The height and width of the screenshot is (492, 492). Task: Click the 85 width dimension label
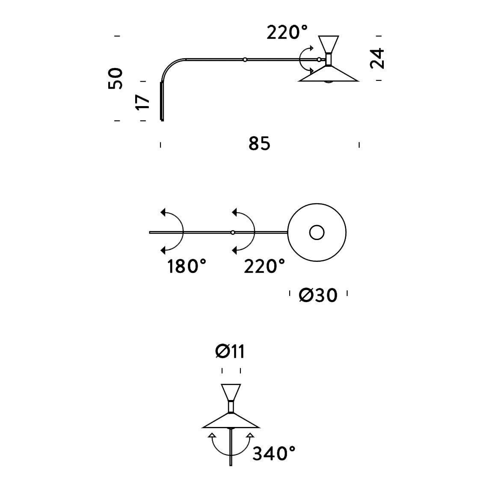(x=259, y=144)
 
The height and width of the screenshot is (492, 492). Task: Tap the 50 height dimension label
(x=116, y=78)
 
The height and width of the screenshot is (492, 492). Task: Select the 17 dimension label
(x=142, y=102)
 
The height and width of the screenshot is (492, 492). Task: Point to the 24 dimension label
(x=377, y=58)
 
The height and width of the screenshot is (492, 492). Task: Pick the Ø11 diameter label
(x=230, y=352)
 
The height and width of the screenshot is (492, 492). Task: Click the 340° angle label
(x=274, y=453)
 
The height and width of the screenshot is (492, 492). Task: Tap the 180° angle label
(x=187, y=267)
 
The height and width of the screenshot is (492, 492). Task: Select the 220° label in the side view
(x=287, y=33)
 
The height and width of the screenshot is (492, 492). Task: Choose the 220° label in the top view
(x=264, y=267)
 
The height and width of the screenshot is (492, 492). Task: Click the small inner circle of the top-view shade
(x=317, y=232)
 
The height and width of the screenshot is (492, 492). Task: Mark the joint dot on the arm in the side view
(x=244, y=60)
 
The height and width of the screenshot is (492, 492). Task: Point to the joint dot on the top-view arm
(x=232, y=232)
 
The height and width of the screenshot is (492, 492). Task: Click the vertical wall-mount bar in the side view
(x=162, y=101)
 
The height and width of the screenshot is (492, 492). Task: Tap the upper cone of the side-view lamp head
(x=329, y=43)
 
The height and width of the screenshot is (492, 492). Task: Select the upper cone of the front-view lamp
(x=231, y=391)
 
